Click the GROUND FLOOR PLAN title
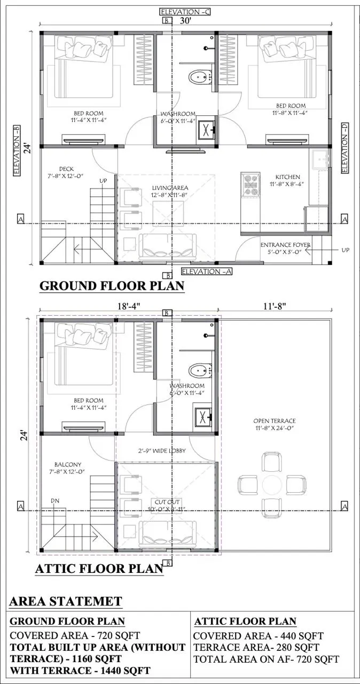(x=112, y=286)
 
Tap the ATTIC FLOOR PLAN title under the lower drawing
(x=99, y=569)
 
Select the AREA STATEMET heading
(x=65, y=601)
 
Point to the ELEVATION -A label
(x=206, y=271)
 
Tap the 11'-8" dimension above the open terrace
(x=275, y=306)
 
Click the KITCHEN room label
(x=287, y=177)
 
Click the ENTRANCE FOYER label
(x=285, y=245)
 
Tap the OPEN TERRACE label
(x=274, y=421)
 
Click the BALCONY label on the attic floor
(x=67, y=464)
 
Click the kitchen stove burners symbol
(x=250, y=184)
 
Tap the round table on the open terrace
(x=272, y=485)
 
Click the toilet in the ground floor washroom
(x=198, y=77)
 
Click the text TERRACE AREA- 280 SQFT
(x=256, y=648)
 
